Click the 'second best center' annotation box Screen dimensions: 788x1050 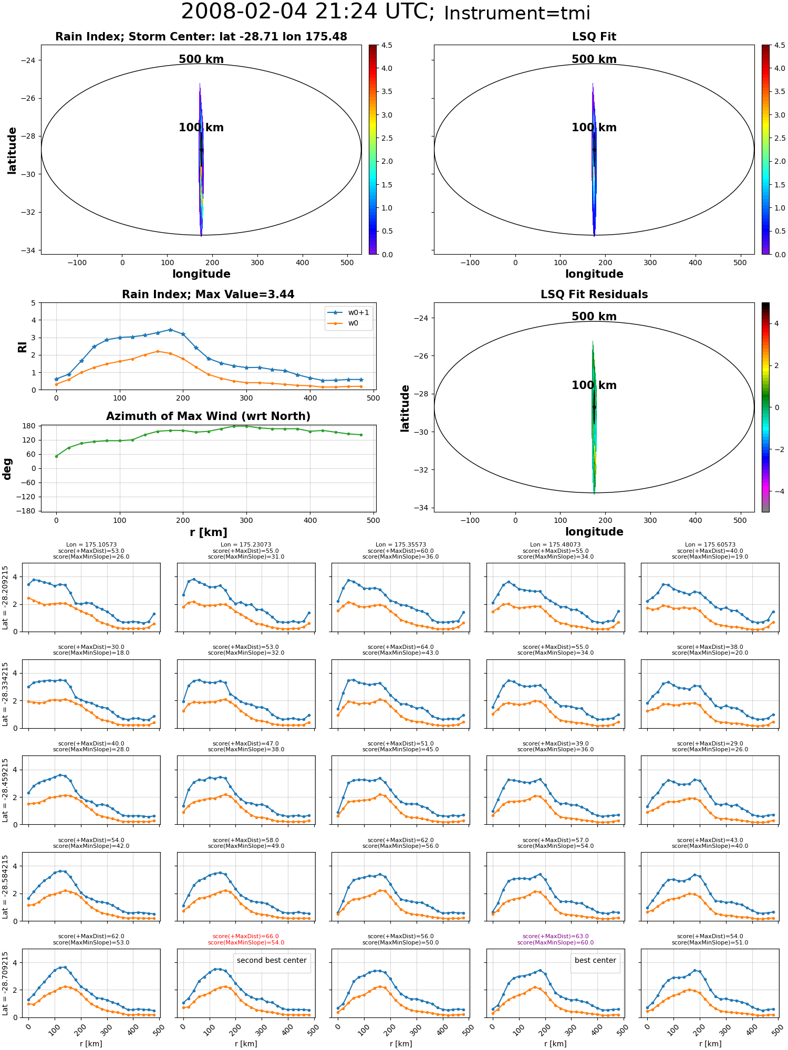[272, 960]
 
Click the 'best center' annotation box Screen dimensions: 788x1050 [595, 960]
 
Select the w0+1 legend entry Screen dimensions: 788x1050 [348, 312]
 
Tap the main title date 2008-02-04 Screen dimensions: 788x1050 [244, 12]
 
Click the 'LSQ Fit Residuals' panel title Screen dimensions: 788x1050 [594, 295]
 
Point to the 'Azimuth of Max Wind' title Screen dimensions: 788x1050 [208, 416]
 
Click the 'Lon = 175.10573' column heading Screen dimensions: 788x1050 [91, 545]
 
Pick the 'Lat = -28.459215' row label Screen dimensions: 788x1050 [5, 790]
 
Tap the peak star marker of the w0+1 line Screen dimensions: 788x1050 [170, 330]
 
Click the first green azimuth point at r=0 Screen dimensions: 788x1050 [56, 456]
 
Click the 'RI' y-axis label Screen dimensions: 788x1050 [22, 346]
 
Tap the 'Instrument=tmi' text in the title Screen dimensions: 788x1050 [517, 14]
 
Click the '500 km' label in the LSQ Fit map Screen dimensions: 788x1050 [594, 59]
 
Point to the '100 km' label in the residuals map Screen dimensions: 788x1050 [594, 385]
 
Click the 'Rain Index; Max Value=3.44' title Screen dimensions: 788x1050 [208, 295]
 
